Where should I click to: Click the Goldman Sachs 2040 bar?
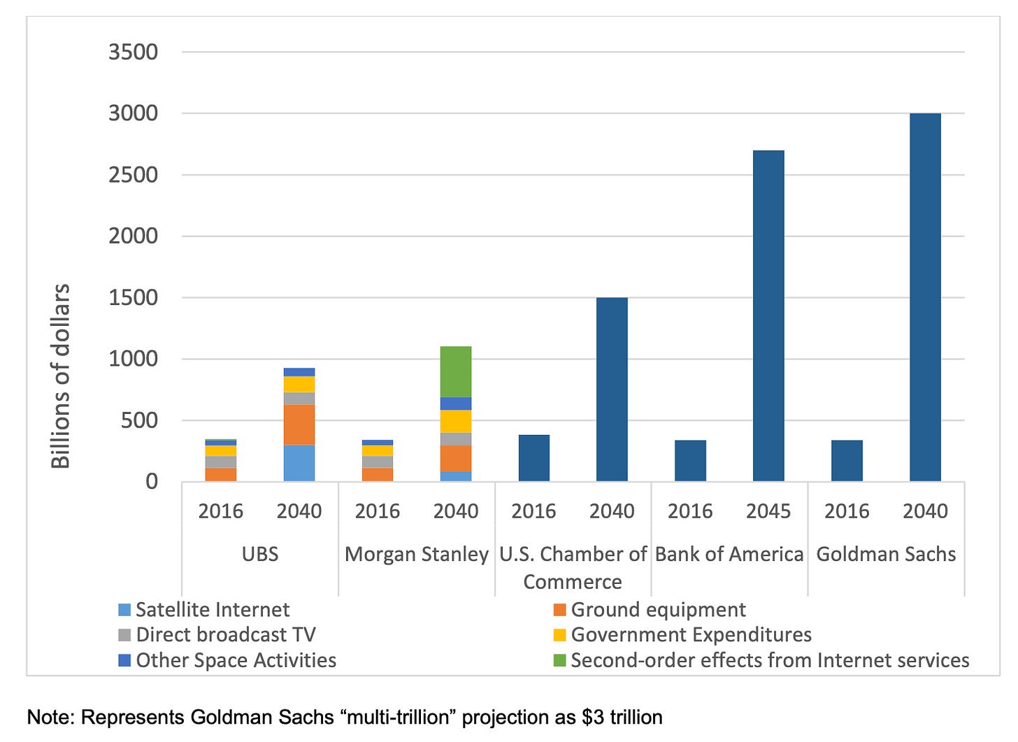click(925, 297)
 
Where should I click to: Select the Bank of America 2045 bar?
click(768, 315)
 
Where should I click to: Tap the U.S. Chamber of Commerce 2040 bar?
click(612, 390)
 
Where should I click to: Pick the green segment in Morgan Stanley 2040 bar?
click(456, 371)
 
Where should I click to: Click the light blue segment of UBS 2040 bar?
click(299, 463)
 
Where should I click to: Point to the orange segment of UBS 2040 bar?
click(299, 424)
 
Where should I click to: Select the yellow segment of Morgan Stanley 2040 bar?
click(456, 421)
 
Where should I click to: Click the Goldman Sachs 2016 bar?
click(847, 461)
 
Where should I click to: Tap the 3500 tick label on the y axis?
click(133, 52)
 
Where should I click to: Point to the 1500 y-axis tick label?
click(133, 297)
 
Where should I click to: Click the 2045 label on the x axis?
click(768, 511)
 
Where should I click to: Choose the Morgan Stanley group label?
click(417, 555)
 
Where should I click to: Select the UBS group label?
click(260, 555)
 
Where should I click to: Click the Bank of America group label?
click(729, 555)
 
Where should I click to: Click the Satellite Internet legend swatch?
click(125, 610)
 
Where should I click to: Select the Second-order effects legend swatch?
click(559, 660)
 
